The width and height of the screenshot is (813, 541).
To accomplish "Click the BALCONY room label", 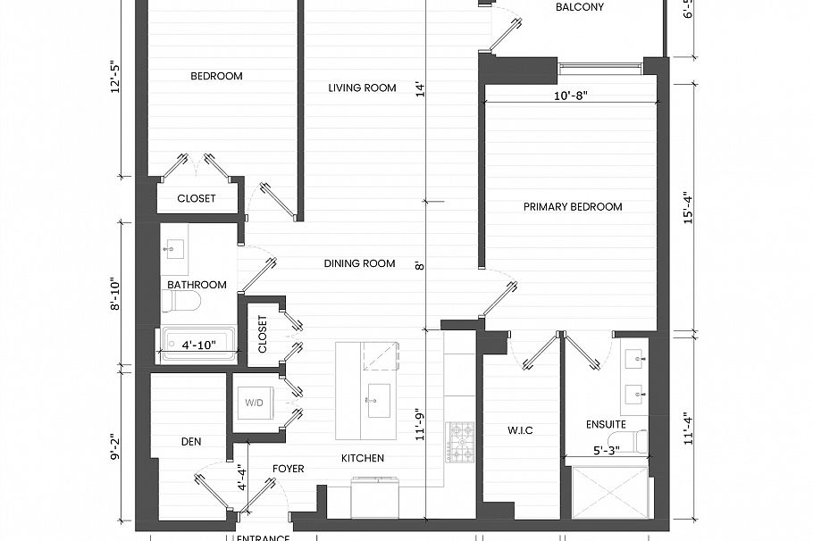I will pos(579,7).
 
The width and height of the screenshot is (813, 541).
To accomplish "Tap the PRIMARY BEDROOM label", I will pos(572,207).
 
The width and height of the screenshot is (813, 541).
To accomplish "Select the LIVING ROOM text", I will pos(362,87).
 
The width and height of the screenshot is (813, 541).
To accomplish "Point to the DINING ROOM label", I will pos(359,263).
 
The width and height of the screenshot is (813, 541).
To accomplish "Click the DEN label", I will pos(189,441).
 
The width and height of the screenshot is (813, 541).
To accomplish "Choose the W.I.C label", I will pos(520,430).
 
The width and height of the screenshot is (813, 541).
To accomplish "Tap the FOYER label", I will pos(288,469).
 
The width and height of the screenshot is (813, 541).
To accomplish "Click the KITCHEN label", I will pos(363,458).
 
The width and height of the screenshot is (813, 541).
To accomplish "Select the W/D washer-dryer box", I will pos(255,404).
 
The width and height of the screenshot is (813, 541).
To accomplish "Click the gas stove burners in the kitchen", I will pos(461,442).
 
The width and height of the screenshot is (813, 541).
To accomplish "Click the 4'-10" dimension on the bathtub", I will pos(200,344).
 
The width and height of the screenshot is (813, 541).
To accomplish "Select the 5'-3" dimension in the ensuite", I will pos(609,452).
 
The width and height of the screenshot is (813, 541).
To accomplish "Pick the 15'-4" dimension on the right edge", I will pos(688,206).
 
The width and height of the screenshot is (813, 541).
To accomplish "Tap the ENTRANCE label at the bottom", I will pos(263,537).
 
